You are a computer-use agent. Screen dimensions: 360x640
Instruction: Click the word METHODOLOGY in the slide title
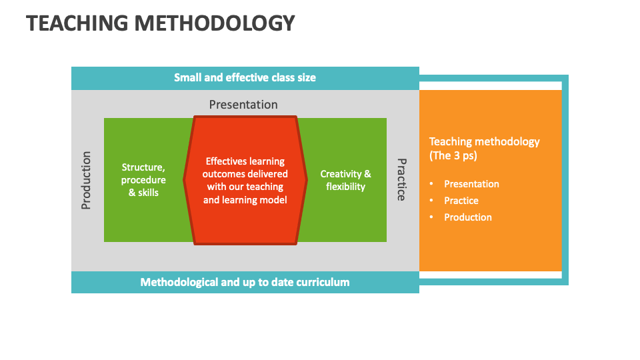(x=214, y=23)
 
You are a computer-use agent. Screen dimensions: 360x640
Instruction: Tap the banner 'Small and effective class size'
(x=245, y=77)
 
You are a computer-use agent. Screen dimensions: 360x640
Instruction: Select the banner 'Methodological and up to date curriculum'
(x=245, y=282)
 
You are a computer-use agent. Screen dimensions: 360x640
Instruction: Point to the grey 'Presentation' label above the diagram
(x=243, y=105)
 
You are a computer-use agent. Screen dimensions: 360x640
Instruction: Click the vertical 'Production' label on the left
(x=86, y=180)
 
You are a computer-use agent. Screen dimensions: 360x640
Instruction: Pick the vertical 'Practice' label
(x=401, y=179)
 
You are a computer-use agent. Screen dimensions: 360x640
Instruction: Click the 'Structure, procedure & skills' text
(x=143, y=180)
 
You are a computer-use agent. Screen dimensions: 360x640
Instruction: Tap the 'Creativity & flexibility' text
(x=345, y=180)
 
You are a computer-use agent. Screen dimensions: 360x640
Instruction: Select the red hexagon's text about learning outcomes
(x=245, y=180)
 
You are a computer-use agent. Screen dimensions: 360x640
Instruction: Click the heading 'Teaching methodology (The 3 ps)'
(x=484, y=148)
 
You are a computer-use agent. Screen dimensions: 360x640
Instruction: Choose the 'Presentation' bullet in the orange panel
(x=471, y=184)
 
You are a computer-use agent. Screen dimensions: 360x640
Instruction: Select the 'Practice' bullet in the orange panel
(x=461, y=201)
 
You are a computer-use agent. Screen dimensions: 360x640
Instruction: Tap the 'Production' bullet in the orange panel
(x=468, y=217)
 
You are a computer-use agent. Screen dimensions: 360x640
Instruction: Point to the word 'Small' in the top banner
(x=187, y=77)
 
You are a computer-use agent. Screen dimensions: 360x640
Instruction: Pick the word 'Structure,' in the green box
(x=143, y=167)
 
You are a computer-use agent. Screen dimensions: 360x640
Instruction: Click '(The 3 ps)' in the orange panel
(x=453, y=156)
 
